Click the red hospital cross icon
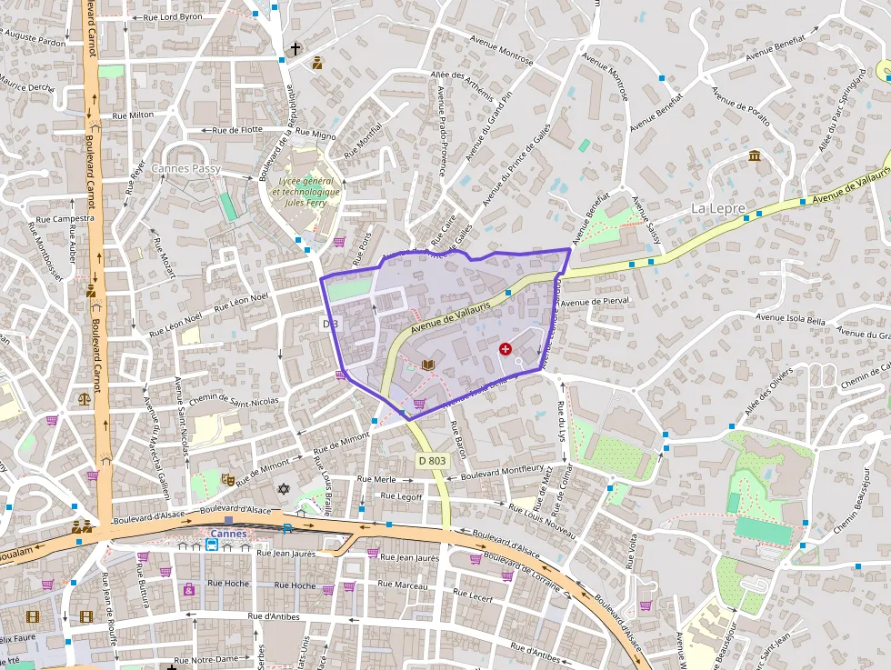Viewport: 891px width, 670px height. tap(506, 348)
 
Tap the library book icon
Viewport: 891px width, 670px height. tap(428, 365)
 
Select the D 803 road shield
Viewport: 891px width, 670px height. tap(433, 461)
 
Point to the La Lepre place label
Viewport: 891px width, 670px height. tap(718, 208)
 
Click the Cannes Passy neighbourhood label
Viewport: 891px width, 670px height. tap(185, 168)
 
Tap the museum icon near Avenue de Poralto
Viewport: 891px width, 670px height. tap(755, 156)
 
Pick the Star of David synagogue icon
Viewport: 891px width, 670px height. tap(283, 489)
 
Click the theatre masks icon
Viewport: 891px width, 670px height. tap(227, 477)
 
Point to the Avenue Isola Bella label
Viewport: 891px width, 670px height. tap(790, 320)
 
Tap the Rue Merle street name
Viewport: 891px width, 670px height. tap(376, 479)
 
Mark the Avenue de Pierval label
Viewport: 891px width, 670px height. tap(595, 302)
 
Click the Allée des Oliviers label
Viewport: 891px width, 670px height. tap(764, 397)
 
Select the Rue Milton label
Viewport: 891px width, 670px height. tap(133, 115)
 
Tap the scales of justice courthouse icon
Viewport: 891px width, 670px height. tap(85, 397)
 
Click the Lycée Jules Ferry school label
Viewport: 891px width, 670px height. tap(308, 192)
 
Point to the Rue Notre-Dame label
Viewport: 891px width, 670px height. tap(205, 658)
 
